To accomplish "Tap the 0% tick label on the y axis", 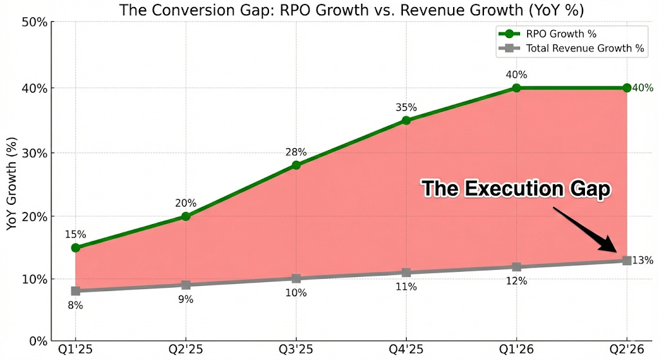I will pyautogui.click(x=36, y=341).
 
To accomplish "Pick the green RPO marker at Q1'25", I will pyautogui.click(x=76, y=247).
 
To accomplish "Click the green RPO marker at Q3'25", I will pyautogui.click(x=296, y=165).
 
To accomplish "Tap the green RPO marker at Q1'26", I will pyautogui.click(x=516, y=88).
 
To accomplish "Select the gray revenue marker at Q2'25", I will pyautogui.click(x=186, y=285).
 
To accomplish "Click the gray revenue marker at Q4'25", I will pyautogui.click(x=406, y=272).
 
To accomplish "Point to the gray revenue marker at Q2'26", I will pyautogui.click(x=626, y=260).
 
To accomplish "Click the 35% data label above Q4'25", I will pyautogui.click(x=406, y=108).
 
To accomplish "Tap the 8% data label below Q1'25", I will pyautogui.click(x=75, y=305).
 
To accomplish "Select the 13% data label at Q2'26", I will pyautogui.click(x=642, y=261).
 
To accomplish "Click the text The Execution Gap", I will pyautogui.click(x=515, y=189).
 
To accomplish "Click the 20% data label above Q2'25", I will pyautogui.click(x=186, y=204).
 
